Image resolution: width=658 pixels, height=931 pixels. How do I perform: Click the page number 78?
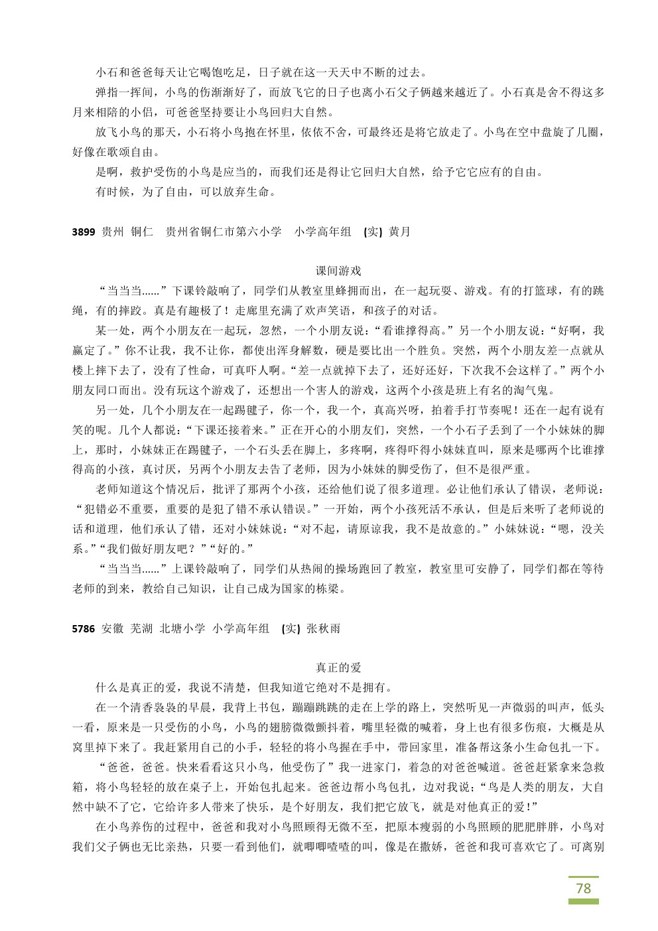pos(583,888)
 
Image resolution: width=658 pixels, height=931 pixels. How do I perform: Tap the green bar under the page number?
pos(583,902)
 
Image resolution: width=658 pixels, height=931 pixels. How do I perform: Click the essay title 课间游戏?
pos(338,271)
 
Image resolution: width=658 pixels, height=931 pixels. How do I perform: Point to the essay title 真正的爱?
pos(338,668)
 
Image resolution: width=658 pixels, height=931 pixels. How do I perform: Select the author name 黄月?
pos(399,232)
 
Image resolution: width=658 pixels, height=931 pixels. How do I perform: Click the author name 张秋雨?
pos(324,628)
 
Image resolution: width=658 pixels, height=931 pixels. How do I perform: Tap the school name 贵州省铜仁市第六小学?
pos(224,232)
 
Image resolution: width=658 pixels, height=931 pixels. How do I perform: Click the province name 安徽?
pos(113,628)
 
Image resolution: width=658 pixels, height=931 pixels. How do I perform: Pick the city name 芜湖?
pos(142,628)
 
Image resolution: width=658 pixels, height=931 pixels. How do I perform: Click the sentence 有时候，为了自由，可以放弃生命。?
pos(185,192)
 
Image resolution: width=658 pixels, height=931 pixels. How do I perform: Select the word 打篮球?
pos(544,291)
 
